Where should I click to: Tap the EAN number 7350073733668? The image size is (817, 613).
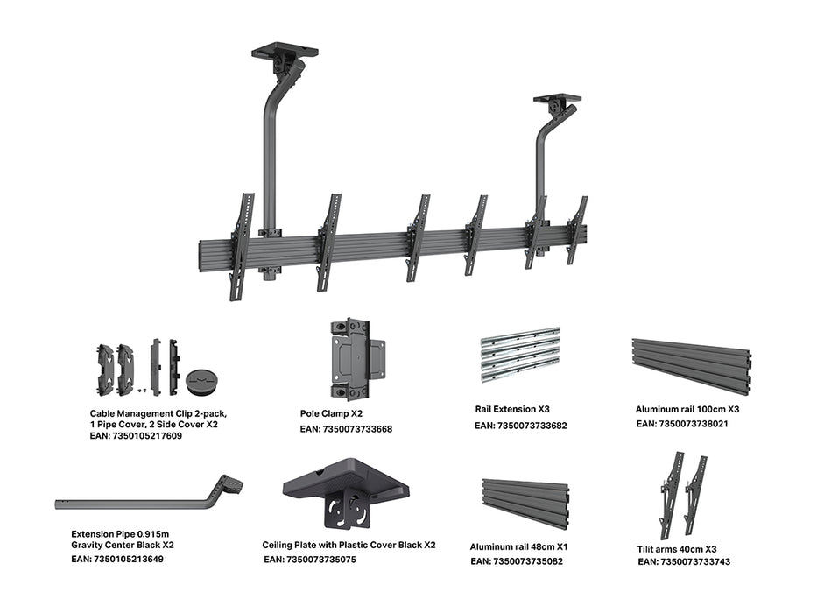coord(346,429)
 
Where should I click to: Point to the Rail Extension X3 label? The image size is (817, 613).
coord(511,409)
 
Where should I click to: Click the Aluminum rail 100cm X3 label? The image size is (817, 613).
coord(687,409)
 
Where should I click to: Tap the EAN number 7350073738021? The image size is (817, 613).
coord(682,424)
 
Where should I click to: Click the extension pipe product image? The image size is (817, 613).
coord(149,497)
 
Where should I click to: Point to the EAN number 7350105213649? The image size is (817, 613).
coord(117,559)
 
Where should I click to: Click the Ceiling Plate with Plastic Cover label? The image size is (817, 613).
coord(349,545)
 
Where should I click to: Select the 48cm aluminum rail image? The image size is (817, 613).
coord(525,502)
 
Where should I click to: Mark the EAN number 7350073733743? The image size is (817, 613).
coord(684,562)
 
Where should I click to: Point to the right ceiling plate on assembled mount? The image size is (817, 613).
coord(557,100)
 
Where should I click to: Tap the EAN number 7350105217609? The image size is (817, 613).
coord(136,436)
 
